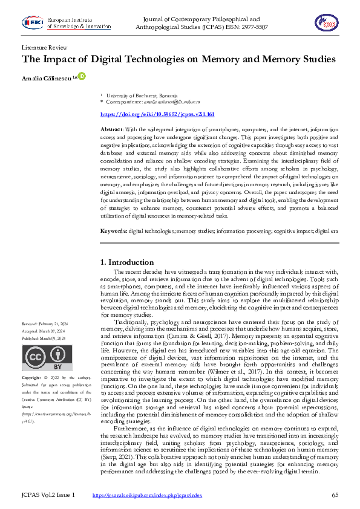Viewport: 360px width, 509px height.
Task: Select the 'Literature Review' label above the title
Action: [x=44, y=47]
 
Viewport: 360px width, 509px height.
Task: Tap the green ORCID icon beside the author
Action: [x=82, y=77]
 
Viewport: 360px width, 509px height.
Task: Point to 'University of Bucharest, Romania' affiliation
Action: [x=142, y=96]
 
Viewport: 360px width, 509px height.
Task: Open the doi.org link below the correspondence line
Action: [x=157, y=114]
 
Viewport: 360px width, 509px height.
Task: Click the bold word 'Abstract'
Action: [x=112, y=130]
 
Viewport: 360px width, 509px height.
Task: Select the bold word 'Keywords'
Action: [x=113, y=231]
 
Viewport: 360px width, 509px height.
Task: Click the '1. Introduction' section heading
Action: [x=126, y=262]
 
